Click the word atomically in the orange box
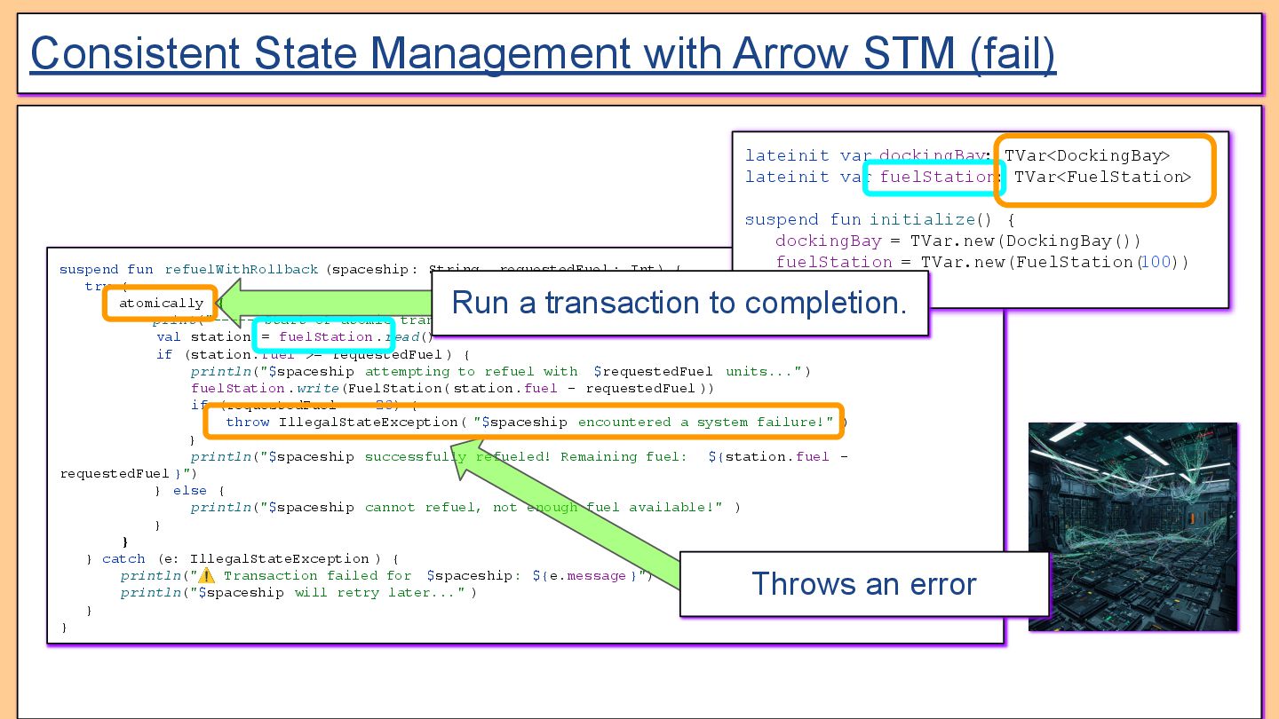[161, 304]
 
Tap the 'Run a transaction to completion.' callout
[679, 304]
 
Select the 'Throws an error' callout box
[863, 584]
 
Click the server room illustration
[1132, 526]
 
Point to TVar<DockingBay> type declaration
[1087, 156]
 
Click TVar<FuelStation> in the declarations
[1102, 178]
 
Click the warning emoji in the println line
[206, 576]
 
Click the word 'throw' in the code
[247, 423]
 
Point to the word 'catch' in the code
[123, 559]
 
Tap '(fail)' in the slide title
[1013, 53]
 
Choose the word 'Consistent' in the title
[135, 53]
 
